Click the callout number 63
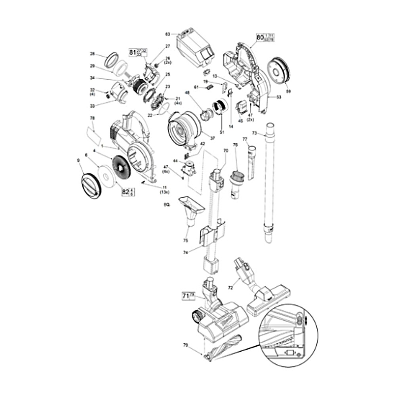tap(168, 34)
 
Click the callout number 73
tap(255, 133)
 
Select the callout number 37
tap(212, 138)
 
